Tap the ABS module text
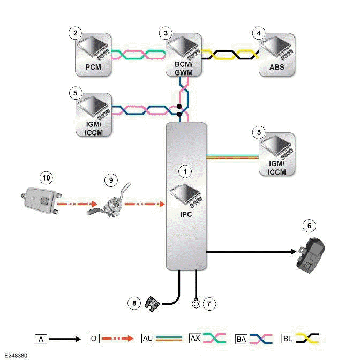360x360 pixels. tap(276, 67)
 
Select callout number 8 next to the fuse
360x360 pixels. tap(134, 304)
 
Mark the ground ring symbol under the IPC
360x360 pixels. tap(196, 304)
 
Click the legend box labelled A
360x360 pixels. tap(40, 339)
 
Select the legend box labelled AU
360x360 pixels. tap(147, 339)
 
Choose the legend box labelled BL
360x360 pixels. tap(287, 339)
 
